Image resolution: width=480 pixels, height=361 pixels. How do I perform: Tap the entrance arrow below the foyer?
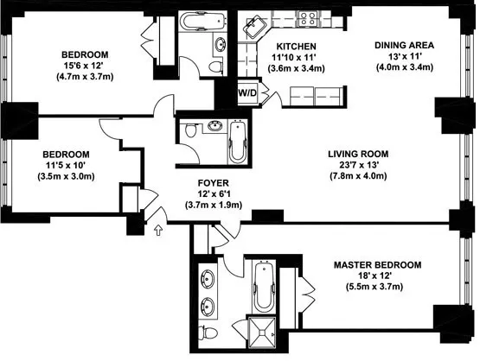coord(158,230)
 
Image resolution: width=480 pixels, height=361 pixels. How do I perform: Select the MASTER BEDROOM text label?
coord(379,265)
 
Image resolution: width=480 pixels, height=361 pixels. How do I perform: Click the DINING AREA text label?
coord(404,45)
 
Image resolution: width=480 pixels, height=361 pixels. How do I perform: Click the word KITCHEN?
coord(295,46)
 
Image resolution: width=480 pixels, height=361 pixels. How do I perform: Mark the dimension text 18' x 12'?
coord(379,277)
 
